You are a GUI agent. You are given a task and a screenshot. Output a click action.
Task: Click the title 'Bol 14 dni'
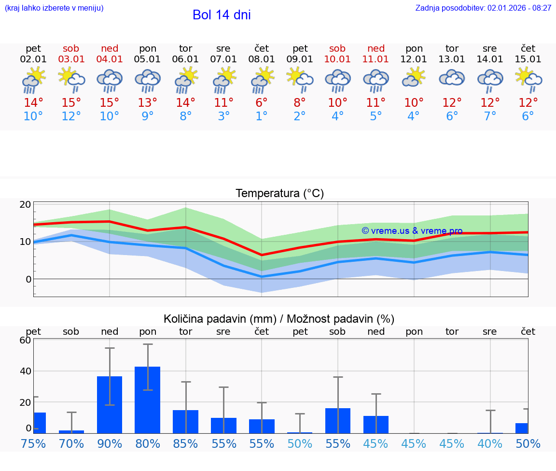click(x=222, y=15)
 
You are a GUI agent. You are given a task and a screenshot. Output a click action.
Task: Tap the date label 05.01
click(x=147, y=59)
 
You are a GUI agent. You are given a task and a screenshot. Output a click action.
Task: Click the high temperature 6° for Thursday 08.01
click(x=262, y=102)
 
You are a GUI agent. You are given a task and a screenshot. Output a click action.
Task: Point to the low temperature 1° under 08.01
click(x=262, y=116)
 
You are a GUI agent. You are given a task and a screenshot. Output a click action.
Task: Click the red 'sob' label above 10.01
click(x=337, y=48)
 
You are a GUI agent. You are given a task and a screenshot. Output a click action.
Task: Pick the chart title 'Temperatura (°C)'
click(x=279, y=194)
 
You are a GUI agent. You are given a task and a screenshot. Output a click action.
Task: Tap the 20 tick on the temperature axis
click(x=26, y=204)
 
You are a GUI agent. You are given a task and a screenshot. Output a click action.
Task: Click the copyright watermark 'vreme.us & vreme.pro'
click(x=412, y=231)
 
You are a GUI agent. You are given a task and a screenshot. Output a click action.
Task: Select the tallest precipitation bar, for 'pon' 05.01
click(x=148, y=400)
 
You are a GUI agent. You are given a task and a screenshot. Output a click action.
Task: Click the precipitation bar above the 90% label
click(x=110, y=405)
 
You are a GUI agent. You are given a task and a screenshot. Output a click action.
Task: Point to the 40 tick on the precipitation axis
click(x=25, y=371)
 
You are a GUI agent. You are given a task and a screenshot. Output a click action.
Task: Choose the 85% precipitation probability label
click(x=185, y=444)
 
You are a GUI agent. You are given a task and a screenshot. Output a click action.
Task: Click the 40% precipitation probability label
click(x=490, y=444)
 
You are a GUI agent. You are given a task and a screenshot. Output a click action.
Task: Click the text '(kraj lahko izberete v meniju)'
click(x=54, y=8)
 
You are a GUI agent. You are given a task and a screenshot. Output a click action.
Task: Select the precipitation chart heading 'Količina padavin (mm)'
click(x=220, y=319)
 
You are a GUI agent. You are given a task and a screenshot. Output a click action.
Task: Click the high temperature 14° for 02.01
click(x=33, y=102)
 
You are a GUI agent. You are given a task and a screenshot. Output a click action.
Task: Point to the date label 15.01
click(x=528, y=59)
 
